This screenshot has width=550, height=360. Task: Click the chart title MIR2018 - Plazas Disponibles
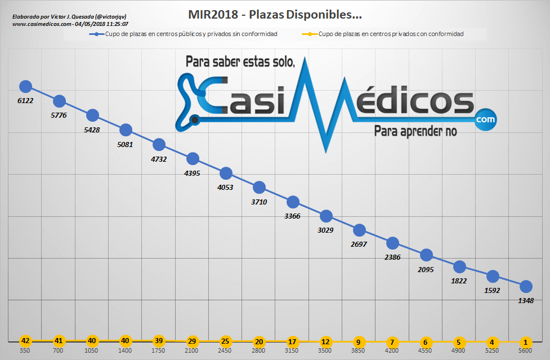pyautogui.click(x=275, y=14)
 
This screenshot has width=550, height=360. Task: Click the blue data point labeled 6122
pyautogui.click(x=25, y=86)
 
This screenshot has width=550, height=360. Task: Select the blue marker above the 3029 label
pyautogui.click(x=326, y=216)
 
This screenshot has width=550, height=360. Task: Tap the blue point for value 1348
pyautogui.click(x=526, y=286)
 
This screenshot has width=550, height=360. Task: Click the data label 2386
pyautogui.click(x=392, y=257)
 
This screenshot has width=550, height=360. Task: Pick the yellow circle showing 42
pyautogui.click(x=25, y=341)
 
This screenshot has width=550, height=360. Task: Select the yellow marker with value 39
pyautogui.click(x=159, y=341)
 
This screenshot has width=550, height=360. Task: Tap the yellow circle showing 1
pyautogui.click(x=526, y=341)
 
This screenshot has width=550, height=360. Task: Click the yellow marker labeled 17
pyautogui.click(x=292, y=341)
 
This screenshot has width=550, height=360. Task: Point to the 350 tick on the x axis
pyautogui.click(x=25, y=350)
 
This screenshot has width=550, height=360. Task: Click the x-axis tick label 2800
pyautogui.click(x=259, y=350)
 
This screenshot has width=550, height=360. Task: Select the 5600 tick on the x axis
pyautogui.click(x=526, y=350)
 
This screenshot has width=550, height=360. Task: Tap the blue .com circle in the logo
pyautogui.click(x=485, y=119)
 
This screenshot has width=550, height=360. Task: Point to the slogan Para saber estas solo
pyautogui.click(x=240, y=62)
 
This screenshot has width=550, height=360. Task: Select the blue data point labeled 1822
pyautogui.click(x=459, y=266)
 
